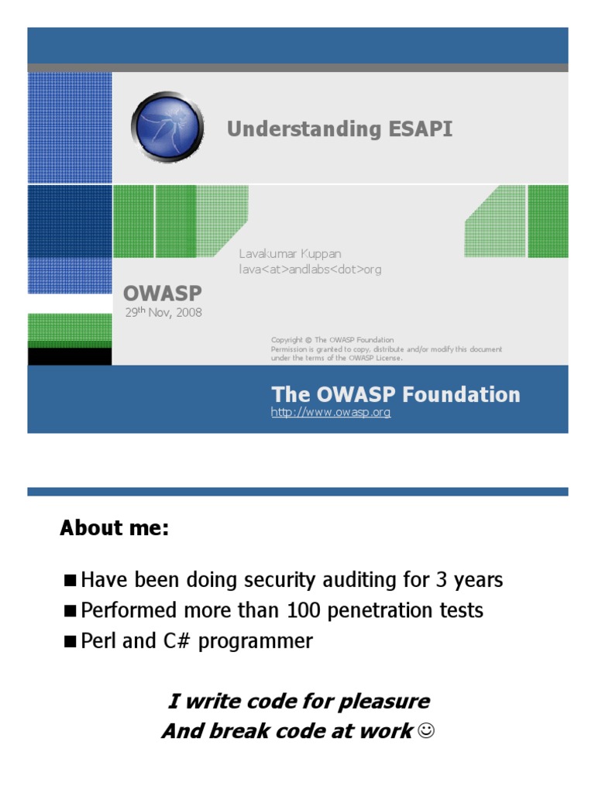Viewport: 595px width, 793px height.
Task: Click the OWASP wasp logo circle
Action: click(x=167, y=127)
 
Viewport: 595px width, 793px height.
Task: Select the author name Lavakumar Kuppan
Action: click(x=290, y=254)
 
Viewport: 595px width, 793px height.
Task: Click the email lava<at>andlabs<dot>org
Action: click(x=310, y=269)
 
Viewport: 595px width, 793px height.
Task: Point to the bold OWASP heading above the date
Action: click(x=163, y=294)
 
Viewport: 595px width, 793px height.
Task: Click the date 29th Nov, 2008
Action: click(x=163, y=313)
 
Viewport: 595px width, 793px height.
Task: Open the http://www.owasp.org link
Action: click(x=331, y=413)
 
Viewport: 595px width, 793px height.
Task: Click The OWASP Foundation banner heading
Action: click(x=395, y=394)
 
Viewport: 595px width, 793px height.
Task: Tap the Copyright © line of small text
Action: click(x=332, y=340)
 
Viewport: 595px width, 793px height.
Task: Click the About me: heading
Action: click(x=114, y=529)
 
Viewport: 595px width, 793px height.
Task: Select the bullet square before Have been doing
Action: click(x=71, y=580)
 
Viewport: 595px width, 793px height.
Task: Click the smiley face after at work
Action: click(x=425, y=731)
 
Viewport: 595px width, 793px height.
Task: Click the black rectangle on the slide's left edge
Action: click(x=70, y=356)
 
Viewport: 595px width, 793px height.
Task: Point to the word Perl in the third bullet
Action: click(x=98, y=641)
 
